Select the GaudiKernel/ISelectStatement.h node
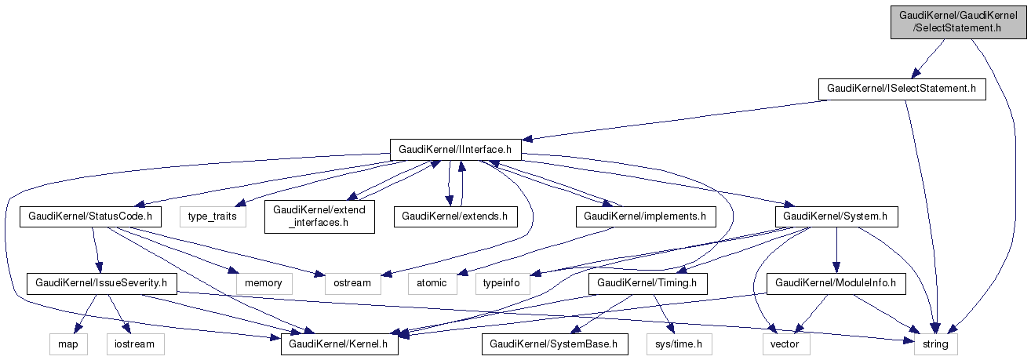[x=902, y=89]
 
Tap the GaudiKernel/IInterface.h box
[x=456, y=148]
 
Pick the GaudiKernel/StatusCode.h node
[x=89, y=215]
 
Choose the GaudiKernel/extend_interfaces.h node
[x=319, y=216]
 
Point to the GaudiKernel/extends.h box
[x=455, y=215]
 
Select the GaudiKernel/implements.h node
[x=646, y=215]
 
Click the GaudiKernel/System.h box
[x=836, y=215]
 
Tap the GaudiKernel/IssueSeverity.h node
[x=102, y=282]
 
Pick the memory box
[x=264, y=282]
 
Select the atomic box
[x=432, y=282]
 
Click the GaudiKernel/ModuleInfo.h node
[x=836, y=282]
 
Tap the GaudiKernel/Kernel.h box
[x=340, y=344]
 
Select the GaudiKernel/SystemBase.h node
[x=555, y=344]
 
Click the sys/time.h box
[x=679, y=344]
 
